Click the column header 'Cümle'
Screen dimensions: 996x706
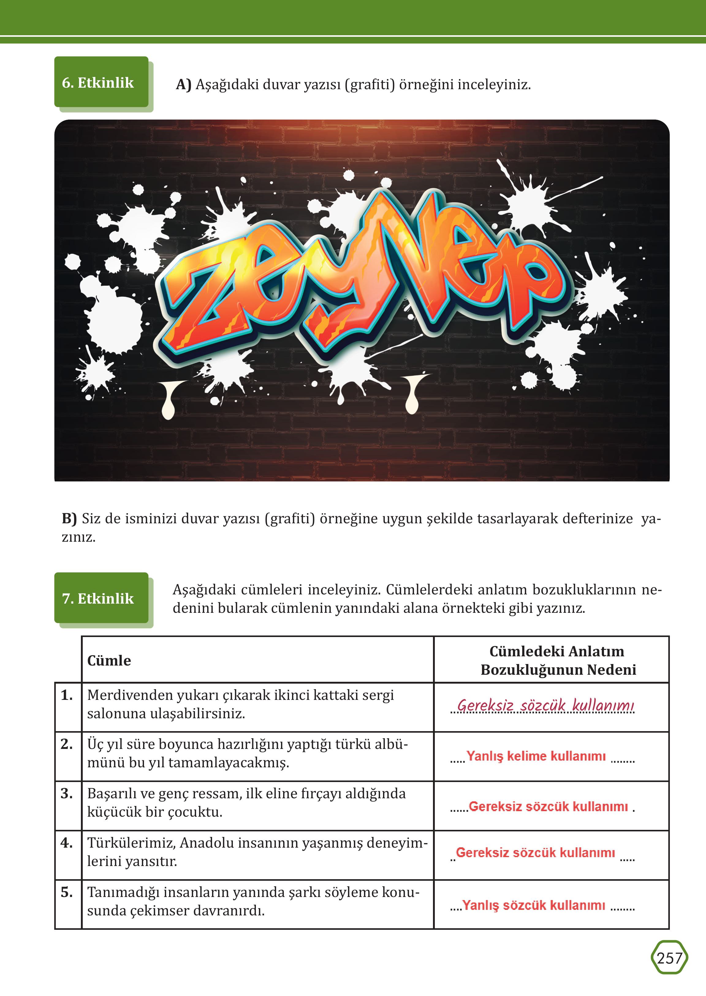point(109,660)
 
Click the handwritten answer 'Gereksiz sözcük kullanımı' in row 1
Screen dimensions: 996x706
point(545,705)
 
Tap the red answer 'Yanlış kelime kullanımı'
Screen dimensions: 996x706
point(536,756)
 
